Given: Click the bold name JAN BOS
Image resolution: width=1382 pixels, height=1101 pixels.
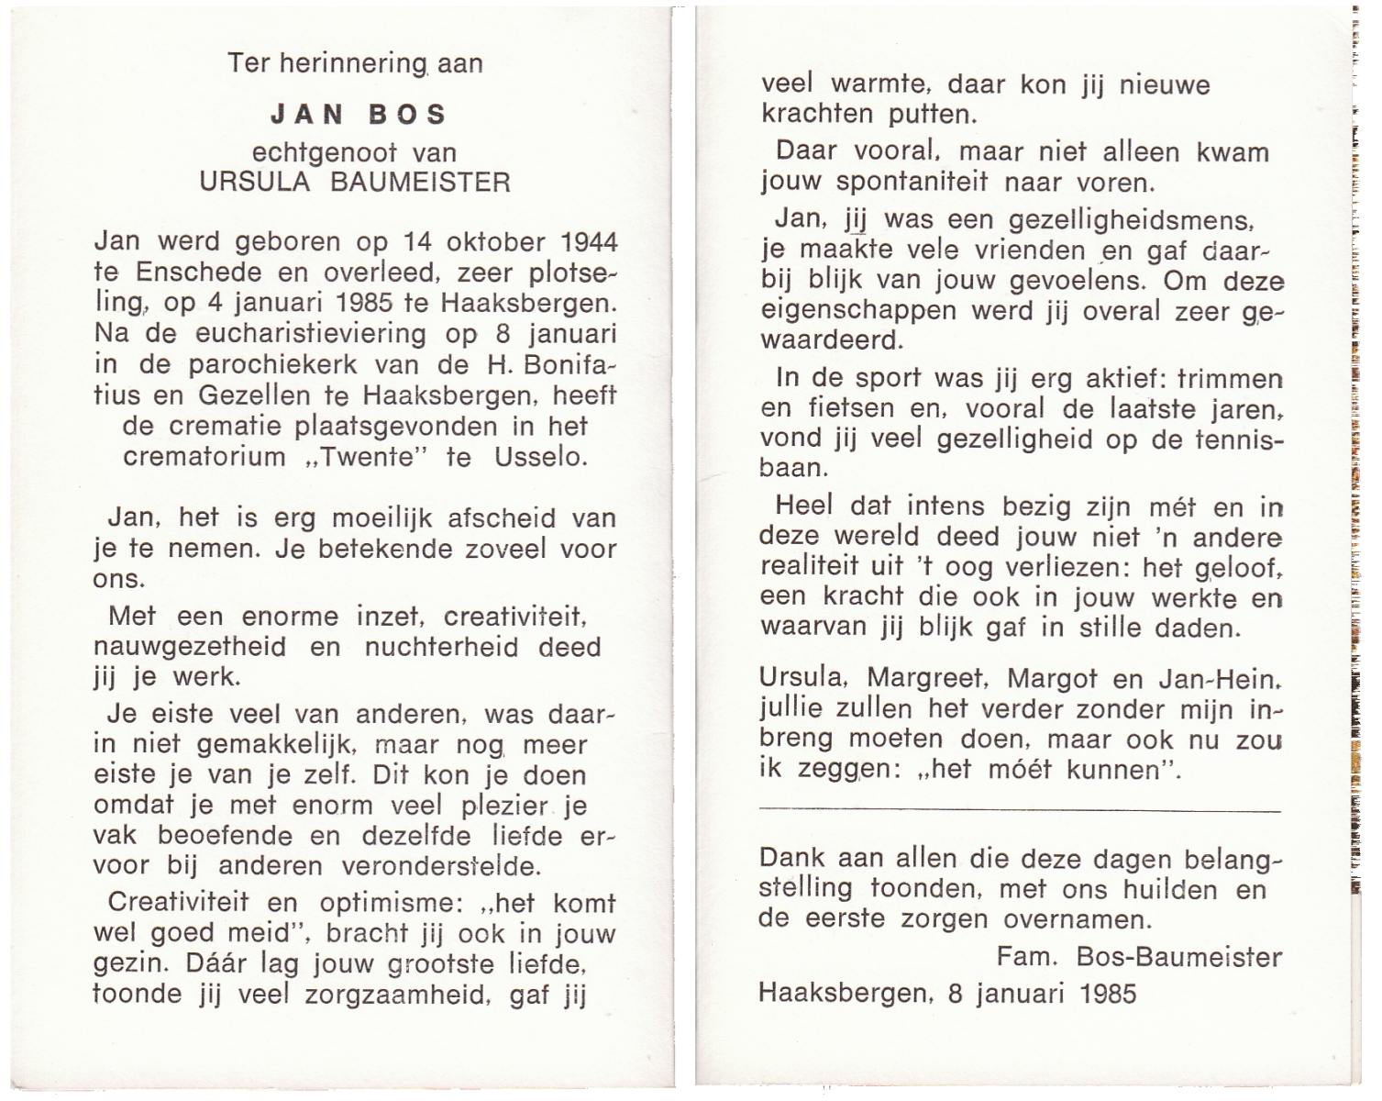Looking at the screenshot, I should (x=359, y=115).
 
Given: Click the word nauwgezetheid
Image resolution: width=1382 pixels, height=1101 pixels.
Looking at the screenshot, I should (x=190, y=647).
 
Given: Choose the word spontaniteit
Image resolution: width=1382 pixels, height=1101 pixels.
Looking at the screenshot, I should (x=912, y=182).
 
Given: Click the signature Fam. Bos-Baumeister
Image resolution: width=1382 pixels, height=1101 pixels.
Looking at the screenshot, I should (x=1139, y=957).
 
